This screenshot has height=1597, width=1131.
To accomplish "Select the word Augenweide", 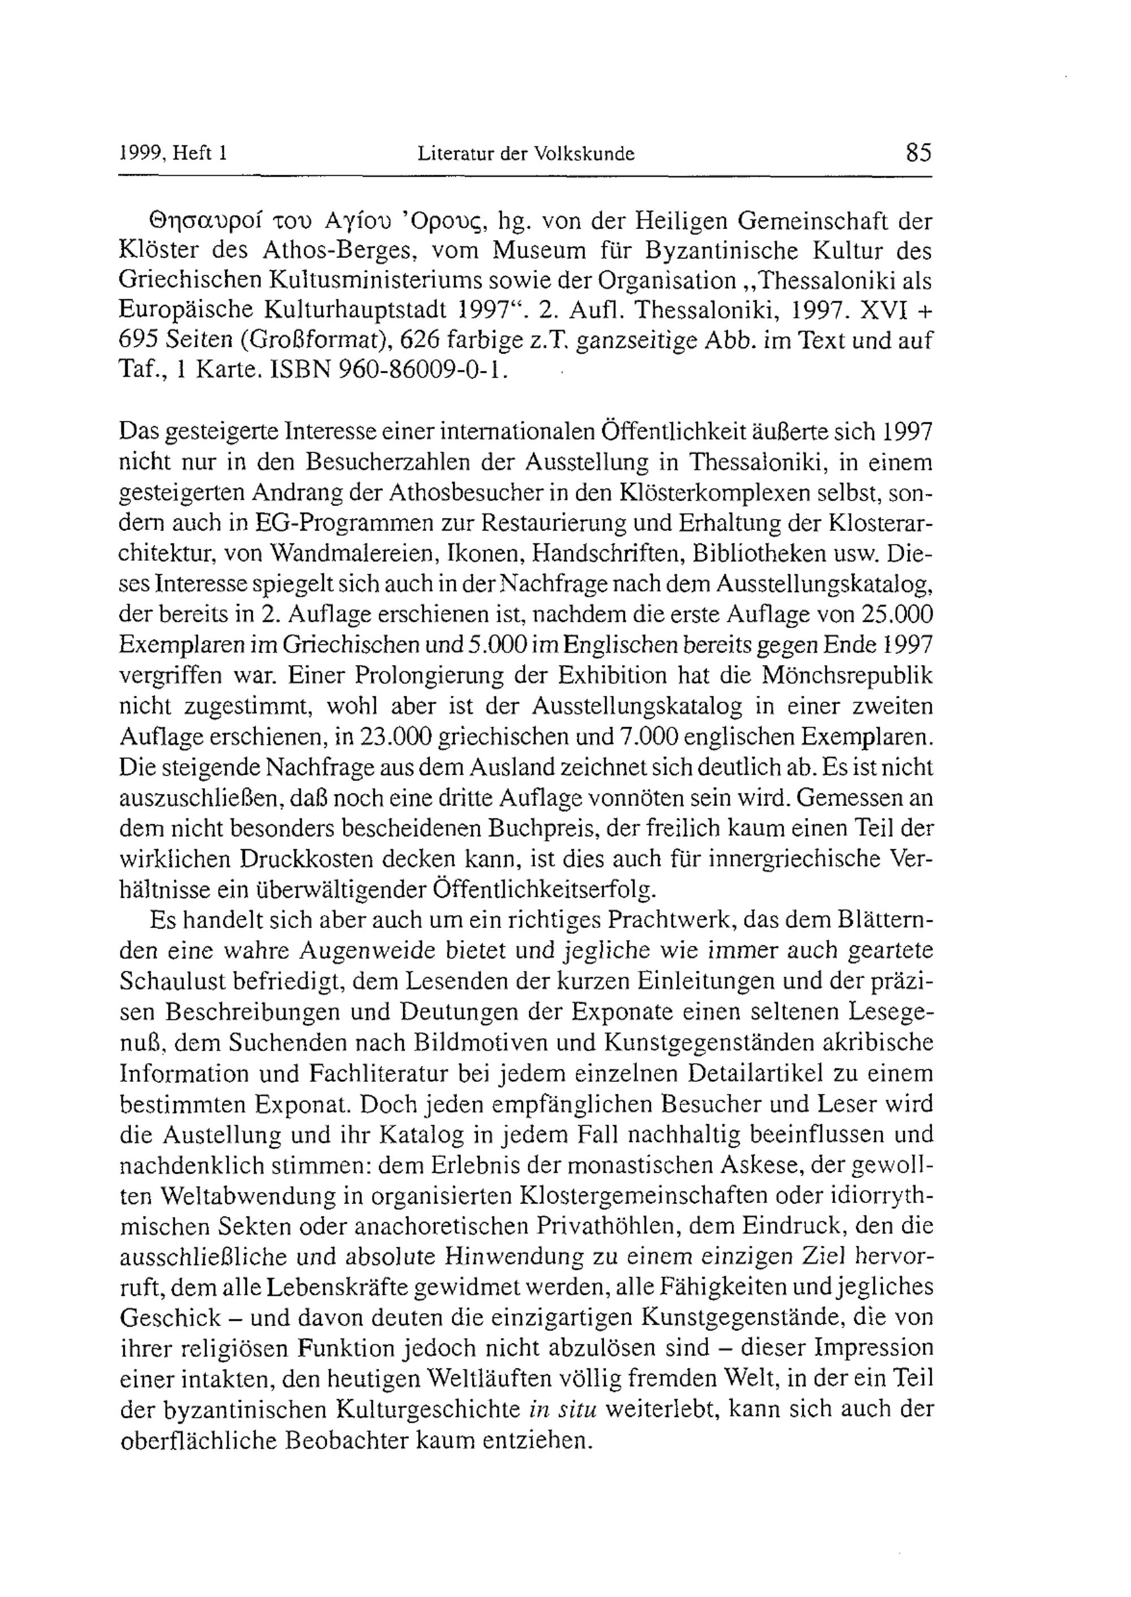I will [x=370, y=951].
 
